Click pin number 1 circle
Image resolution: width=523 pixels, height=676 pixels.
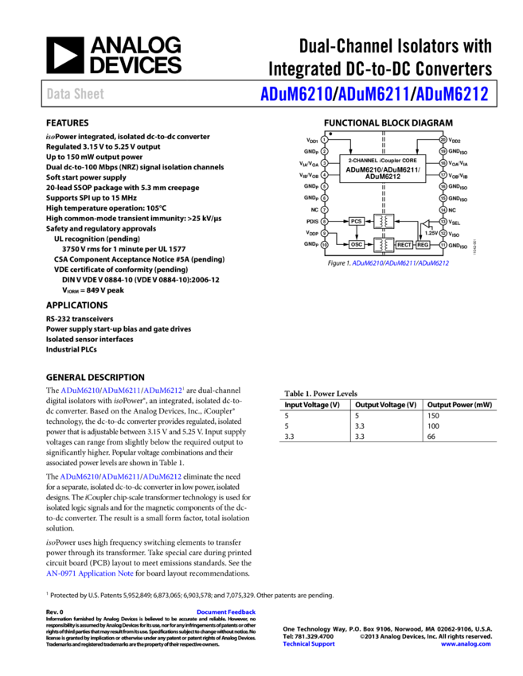coord(325,139)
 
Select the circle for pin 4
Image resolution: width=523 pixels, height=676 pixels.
coord(325,174)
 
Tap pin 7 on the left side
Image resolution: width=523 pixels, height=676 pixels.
coord(325,210)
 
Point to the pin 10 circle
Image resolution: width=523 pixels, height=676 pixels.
coord(325,245)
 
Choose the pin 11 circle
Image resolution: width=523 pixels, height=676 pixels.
coord(443,245)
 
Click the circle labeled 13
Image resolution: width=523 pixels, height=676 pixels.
coord(443,222)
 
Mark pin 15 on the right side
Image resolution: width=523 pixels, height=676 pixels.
coord(443,198)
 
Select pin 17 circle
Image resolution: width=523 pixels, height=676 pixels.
coord(443,174)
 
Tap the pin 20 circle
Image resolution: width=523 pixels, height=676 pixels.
coord(443,139)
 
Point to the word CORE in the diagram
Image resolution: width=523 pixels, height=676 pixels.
coord(408,161)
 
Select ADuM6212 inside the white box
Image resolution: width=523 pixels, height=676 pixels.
coord(383,177)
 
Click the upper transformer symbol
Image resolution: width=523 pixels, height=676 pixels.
coord(384,221)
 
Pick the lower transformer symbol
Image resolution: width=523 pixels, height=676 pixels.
coord(384,245)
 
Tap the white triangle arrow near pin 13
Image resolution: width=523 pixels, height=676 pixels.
coord(426,223)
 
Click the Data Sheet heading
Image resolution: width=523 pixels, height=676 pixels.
coord(75,94)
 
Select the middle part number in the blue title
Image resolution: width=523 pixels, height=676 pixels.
coord(373,94)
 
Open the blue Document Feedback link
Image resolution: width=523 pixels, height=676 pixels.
coord(226,612)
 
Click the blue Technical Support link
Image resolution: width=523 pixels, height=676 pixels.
coord(308,644)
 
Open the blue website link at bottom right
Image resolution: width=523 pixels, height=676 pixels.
coord(465,644)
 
